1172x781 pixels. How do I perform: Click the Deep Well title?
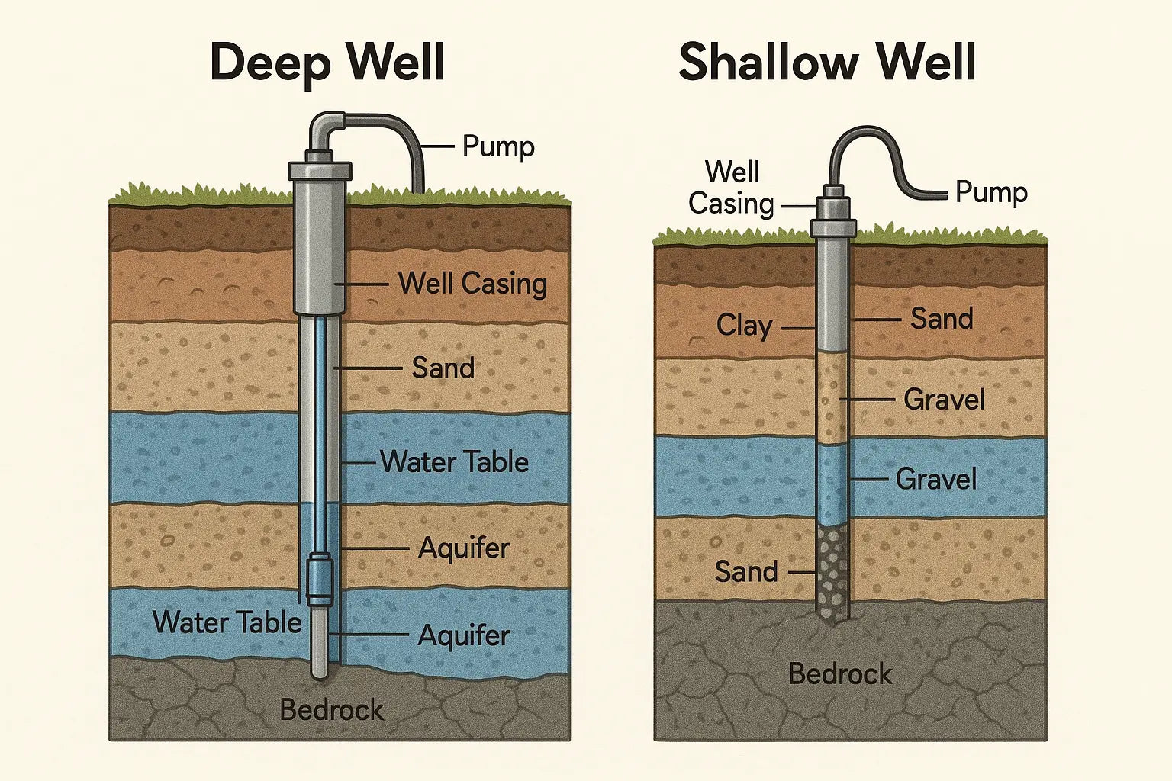(x=327, y=62)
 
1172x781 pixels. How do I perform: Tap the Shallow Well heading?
(x=827, y=62)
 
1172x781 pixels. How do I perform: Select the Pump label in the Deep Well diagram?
(x=498, y=146)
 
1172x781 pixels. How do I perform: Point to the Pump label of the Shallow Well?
(x=991, y=192)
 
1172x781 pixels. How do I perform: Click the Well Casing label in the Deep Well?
(x=472, y=284)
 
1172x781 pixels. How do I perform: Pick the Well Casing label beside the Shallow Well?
(x=732, y=188)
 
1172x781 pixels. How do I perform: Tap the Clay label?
(x=744, y=326)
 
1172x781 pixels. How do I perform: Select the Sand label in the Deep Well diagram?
(x=443, y=368)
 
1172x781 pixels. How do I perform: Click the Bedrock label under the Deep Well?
(x=332, y=710)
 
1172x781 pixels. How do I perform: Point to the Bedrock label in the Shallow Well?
(x=840, y=674)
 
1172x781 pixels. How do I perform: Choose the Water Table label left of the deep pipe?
(x=227, y=622)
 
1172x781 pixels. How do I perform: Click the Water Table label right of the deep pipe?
(x=454, y=462)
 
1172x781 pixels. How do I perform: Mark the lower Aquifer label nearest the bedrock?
(x=464, y=635)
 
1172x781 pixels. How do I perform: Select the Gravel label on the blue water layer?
(x=936, y=480)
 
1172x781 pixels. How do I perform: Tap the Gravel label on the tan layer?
(x=944, y=400)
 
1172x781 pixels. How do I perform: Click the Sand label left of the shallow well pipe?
(x=745, y=572)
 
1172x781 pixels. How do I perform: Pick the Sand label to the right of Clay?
(x=942, y=319)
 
